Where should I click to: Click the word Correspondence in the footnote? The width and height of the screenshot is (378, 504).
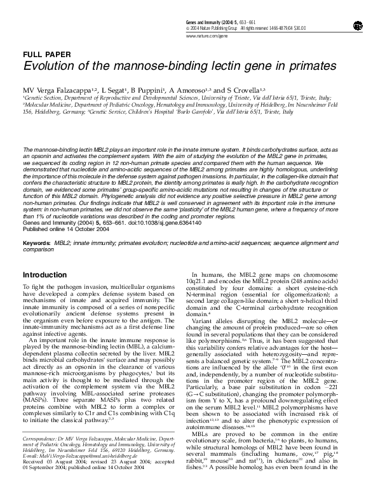point(41,457)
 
